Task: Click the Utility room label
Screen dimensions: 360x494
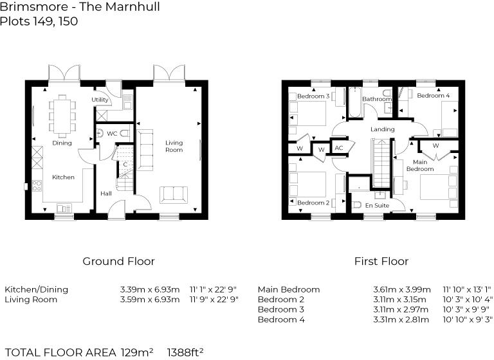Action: [x=100, y=100]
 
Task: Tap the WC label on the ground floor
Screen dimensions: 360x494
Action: [x=111, y=134]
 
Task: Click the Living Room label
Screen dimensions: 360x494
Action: [x=174, y=146]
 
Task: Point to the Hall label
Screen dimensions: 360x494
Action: [x=105, y=194]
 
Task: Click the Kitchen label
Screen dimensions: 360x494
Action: [x=63, y=177]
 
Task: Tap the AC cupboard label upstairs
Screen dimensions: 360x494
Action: [x=339, y=148]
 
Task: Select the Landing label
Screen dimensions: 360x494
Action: [x=383, y=129]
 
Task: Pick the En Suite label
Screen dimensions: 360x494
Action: [x=378, y=205]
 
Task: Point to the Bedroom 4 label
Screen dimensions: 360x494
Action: [x=433, y=96]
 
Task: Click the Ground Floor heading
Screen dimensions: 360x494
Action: [x=118, y=262]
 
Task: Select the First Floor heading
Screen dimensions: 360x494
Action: [x=381, y=262]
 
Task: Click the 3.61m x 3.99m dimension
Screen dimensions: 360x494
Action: [x=403, y=289]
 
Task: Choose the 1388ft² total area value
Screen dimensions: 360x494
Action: [x=185, y=352]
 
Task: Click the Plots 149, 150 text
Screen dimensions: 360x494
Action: [x=39, y=21]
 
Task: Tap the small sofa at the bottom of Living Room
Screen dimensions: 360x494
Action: [x=174, y=194]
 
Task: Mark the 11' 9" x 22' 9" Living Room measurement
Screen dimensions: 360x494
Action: [x=214, y=300]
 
